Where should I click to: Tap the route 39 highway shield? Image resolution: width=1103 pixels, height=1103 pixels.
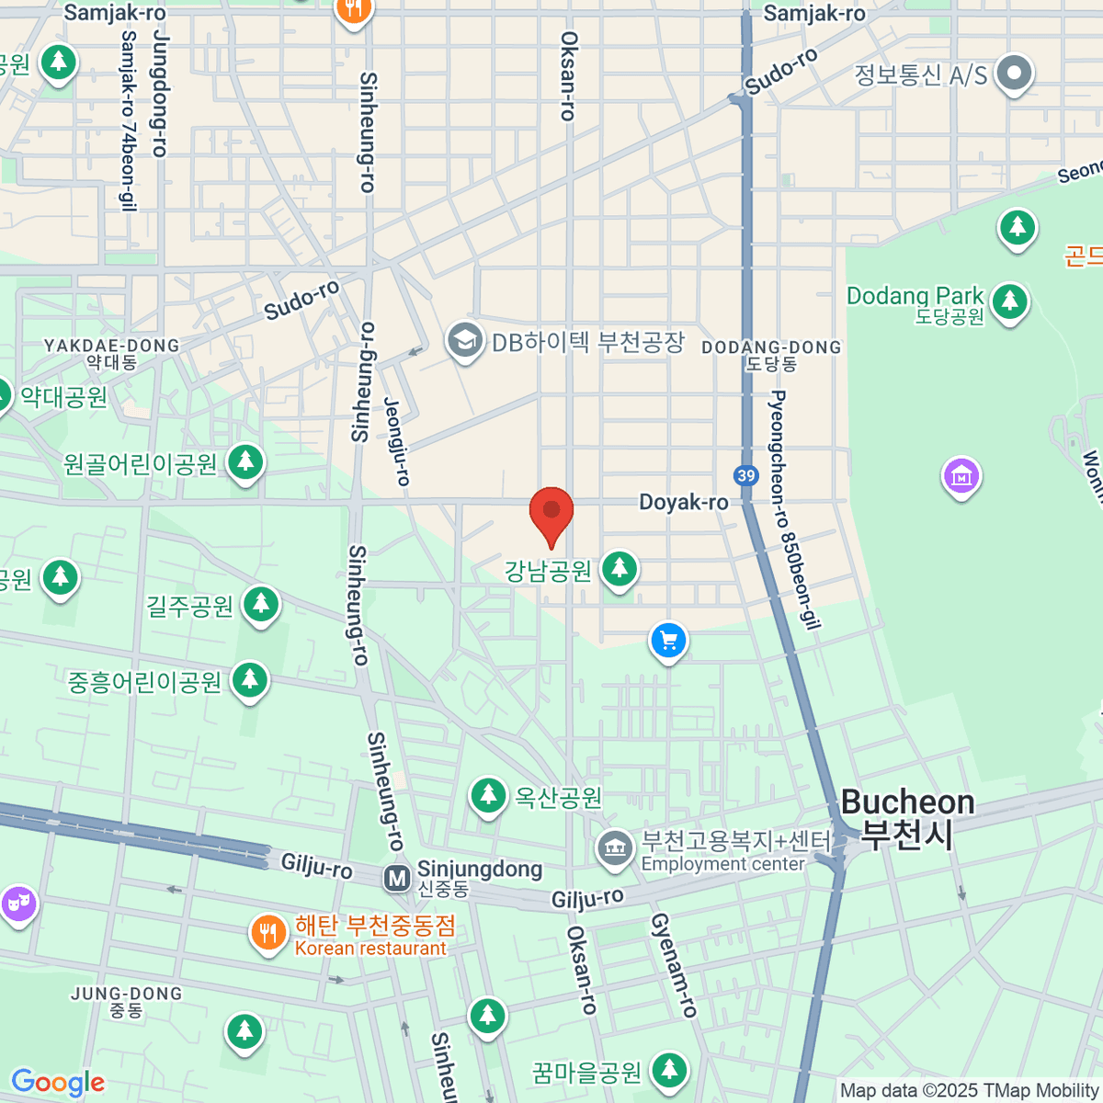(x=746, y=475)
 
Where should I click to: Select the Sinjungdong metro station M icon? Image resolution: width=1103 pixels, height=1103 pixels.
(x=397, y=879)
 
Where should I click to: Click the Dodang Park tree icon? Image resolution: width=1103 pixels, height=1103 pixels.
(x=1009, y=300)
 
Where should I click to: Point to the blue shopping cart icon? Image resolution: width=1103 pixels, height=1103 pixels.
(x=668, y=641)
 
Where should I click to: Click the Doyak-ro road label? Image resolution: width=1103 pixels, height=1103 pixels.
(x=684, y=502)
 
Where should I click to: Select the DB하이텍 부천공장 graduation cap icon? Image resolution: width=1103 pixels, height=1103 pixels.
(x=465, y=341)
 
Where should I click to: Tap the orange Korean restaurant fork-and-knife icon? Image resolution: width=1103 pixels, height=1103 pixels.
(x=267, y=934)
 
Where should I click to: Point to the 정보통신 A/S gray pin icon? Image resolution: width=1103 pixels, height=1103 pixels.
(x=1015, y=73)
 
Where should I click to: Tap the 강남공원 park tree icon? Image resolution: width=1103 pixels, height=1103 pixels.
(x=620, y=569)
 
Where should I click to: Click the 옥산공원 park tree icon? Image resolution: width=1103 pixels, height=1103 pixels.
(x=488, y=795)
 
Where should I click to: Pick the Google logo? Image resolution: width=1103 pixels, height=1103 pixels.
(x=57, y=1083)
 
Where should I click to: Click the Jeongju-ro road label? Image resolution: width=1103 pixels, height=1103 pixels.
(x=397, y=441)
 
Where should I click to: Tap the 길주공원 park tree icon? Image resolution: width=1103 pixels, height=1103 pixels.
(x=261, y=605)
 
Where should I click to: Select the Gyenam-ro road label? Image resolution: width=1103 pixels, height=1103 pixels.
(x=675, y=965)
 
